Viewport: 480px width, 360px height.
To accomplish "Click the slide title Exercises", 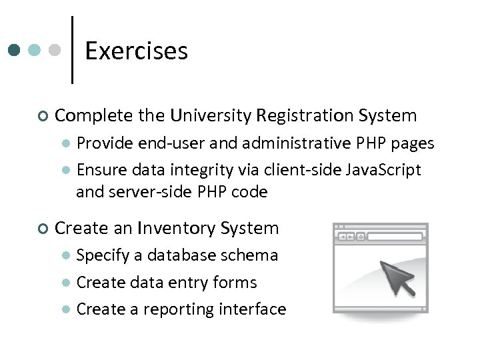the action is [137, 51].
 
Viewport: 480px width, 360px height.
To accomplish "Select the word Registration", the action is [303, 115].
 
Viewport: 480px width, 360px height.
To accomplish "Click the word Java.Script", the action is [384, 170].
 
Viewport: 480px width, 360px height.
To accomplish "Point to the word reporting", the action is [176, 310].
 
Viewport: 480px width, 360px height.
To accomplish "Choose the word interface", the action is [253, 309].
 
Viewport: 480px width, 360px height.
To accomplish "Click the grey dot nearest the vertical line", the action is [56, 51].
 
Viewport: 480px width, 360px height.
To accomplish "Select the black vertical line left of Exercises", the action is [72, 51].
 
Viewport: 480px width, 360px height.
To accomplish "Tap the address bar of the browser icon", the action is [395, 236].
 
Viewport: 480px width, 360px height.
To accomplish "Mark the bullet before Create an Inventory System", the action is [43, 229].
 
